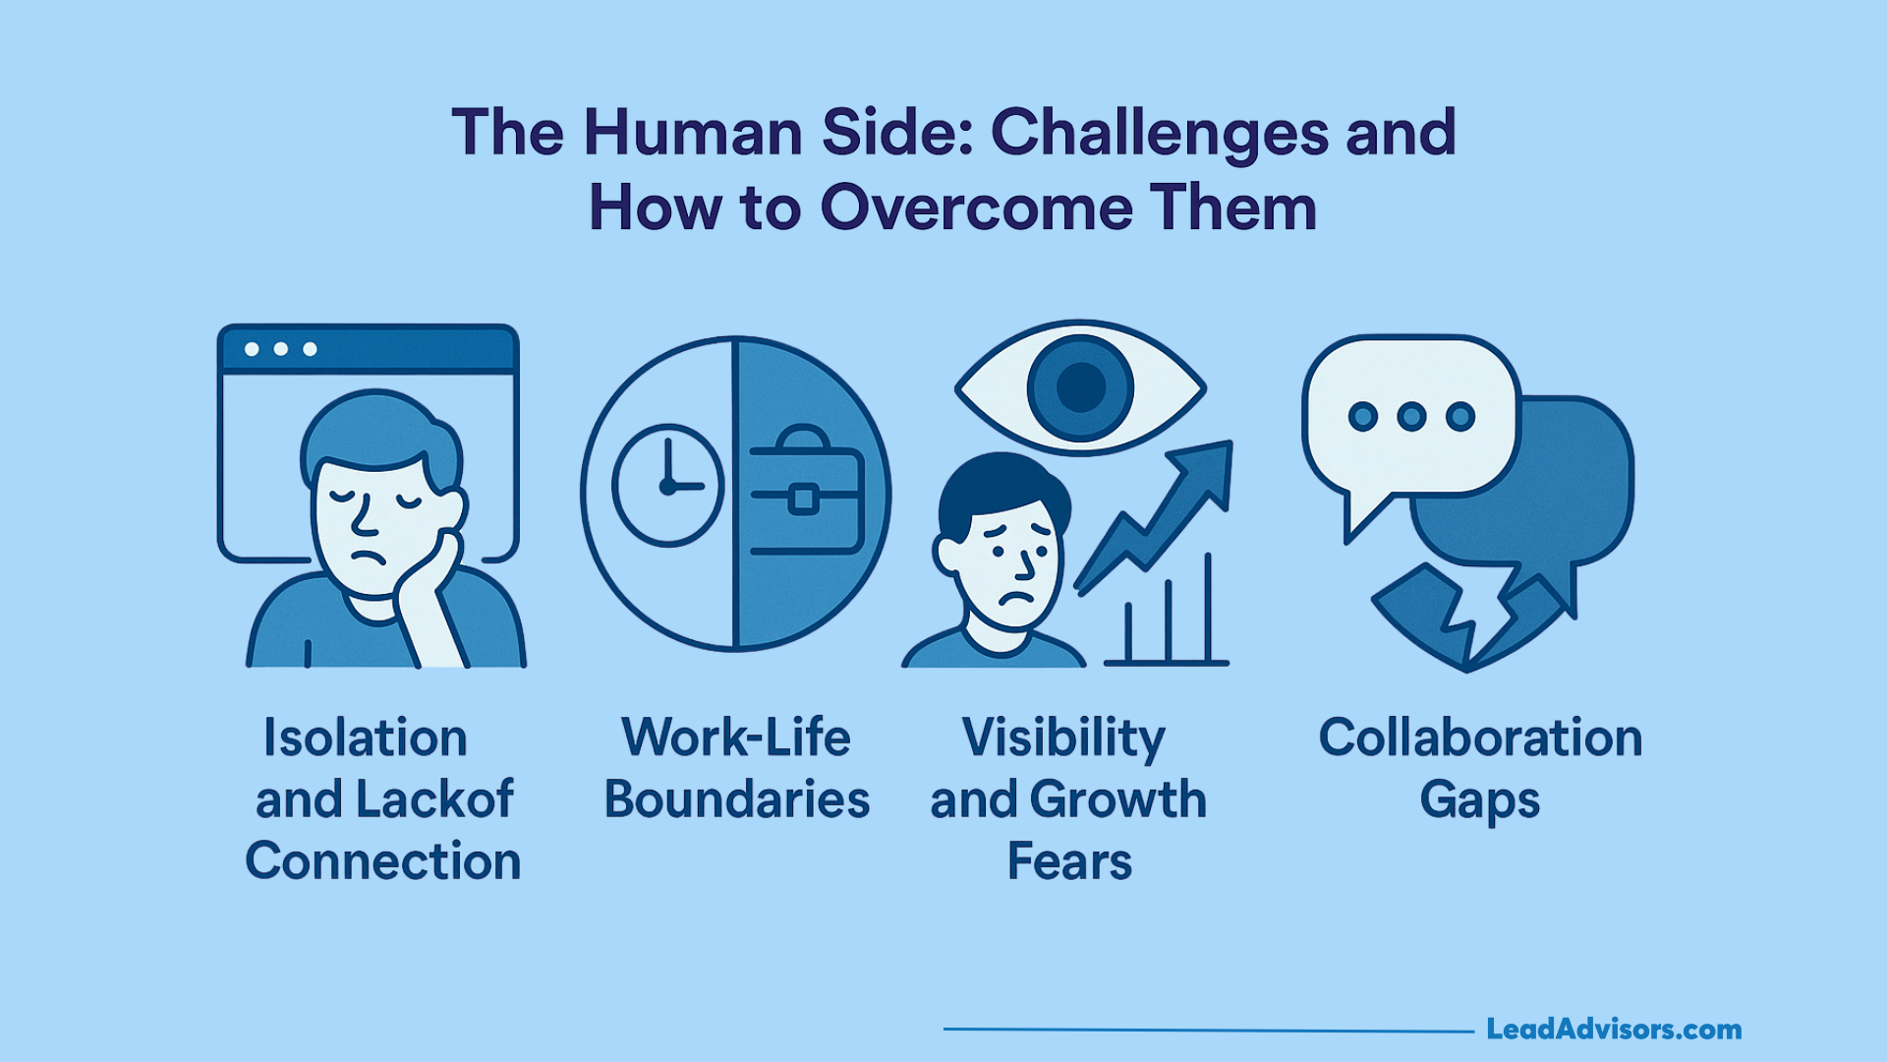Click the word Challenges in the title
[x=1159, y=133]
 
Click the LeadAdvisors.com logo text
[x=1613, y=1030]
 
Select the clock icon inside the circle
[x=668, y=486]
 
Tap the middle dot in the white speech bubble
[x=1411, y=417]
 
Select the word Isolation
[x=365, y=738]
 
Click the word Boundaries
[x=736, y=799]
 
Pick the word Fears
[x=1069, y=861]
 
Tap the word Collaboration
[x=1480, y=738]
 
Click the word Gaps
[x=1479, y=799]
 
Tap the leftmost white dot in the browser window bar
[x=252, y=349]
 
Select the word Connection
[x=382, y=861]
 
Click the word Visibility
[x=1063, y=738]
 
